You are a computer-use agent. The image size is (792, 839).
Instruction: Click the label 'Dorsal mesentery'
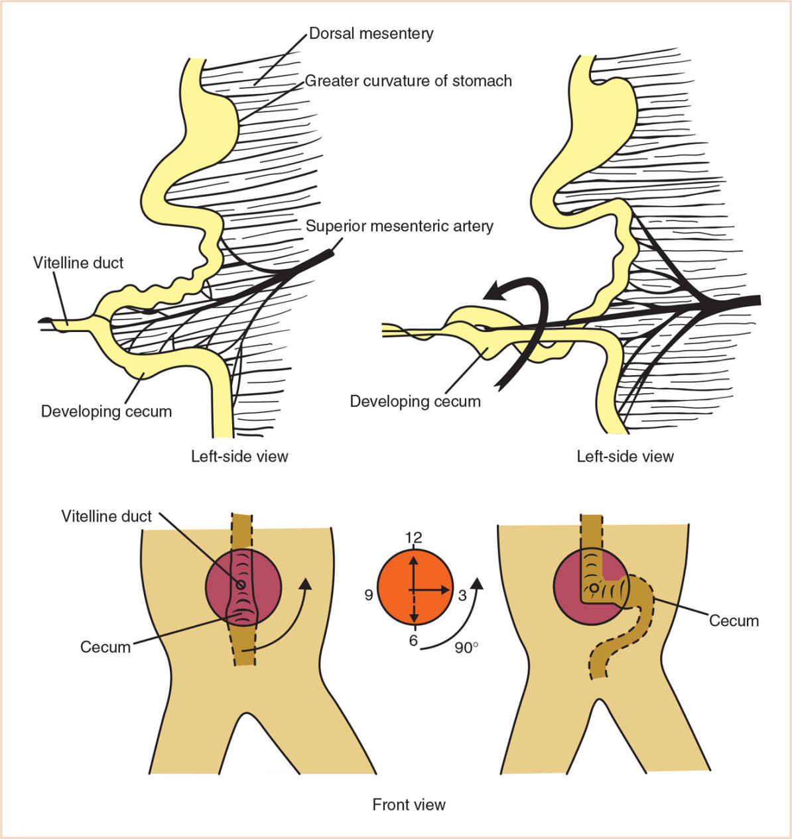pyautogui.click(x=371, y=33)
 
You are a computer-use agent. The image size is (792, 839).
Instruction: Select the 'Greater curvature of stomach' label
pyautogui.click(x=408, y=81)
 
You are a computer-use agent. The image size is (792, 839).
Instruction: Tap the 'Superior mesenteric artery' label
pyautogui.click(x=399, y=226)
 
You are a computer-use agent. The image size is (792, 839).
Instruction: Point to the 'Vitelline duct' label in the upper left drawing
pyautogui.click(x=78, y=263)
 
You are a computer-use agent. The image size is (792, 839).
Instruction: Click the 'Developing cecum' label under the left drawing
pyautogui.click(x=106, y=412)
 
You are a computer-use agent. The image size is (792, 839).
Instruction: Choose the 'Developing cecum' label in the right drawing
pyautogui.click(x=415, y=401)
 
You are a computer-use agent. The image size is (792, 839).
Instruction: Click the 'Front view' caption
pyautogui.click(x=409, y=805)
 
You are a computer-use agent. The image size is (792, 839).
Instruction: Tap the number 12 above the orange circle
pyautogui.click(x=414, y=537)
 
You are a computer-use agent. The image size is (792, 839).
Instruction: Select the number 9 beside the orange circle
pyautogui.click(x=369, y=595)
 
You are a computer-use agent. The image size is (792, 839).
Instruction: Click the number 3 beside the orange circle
pyautogui.click(x=462, y=595)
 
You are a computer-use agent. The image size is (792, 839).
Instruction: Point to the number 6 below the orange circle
pyautogui.click(x=413, y=642)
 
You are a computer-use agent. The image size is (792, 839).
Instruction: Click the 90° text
pyautogui.click(x=466, y=647)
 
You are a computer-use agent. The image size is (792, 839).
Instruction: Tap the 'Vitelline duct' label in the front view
pyautogui.click(x=107, y=516)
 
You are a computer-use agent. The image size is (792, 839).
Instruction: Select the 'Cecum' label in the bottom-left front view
pyautogui.click(x=105, y=647)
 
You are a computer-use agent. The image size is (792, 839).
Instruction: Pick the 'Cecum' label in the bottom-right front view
pyautogui.click(x=734, y=621)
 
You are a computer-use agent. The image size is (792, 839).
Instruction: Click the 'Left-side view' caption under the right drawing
pyautogui.click(x=625, y=456)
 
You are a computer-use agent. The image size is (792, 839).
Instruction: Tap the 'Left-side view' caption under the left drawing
pyautogui.click(x=239, y=456)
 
